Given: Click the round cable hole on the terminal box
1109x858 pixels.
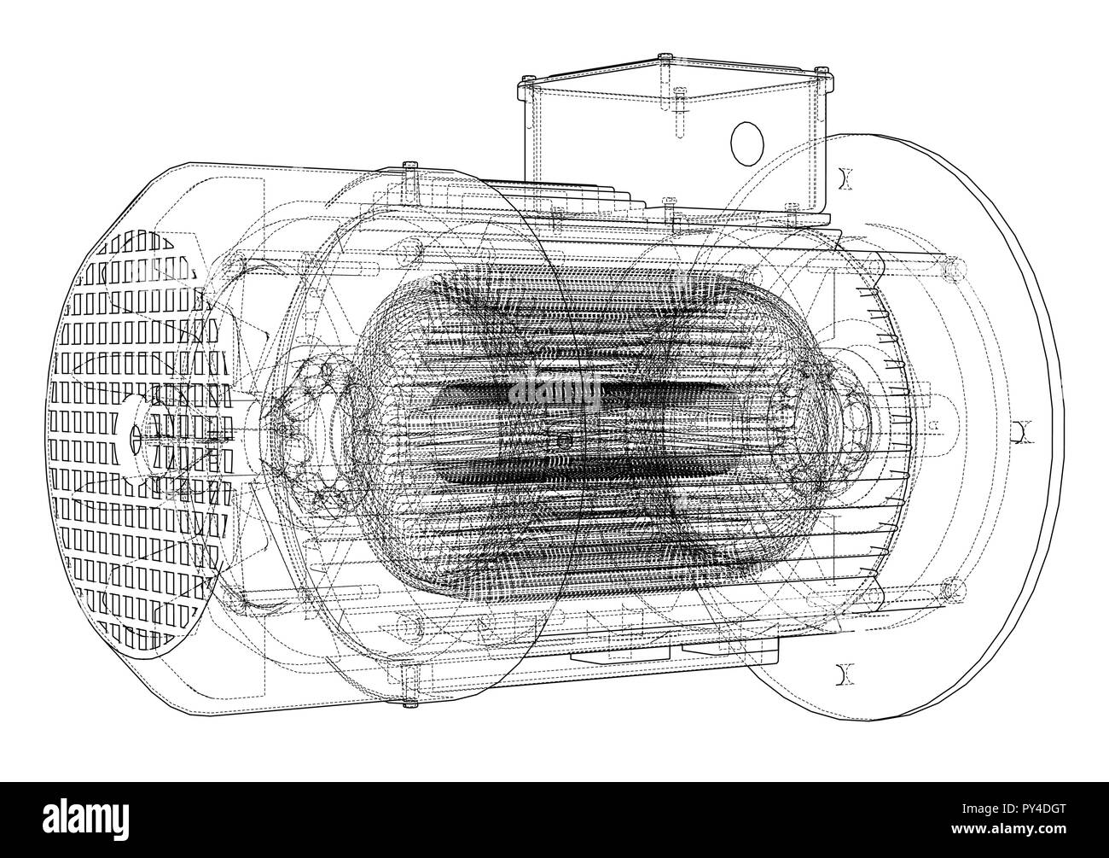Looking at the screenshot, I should tap(746, 143).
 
